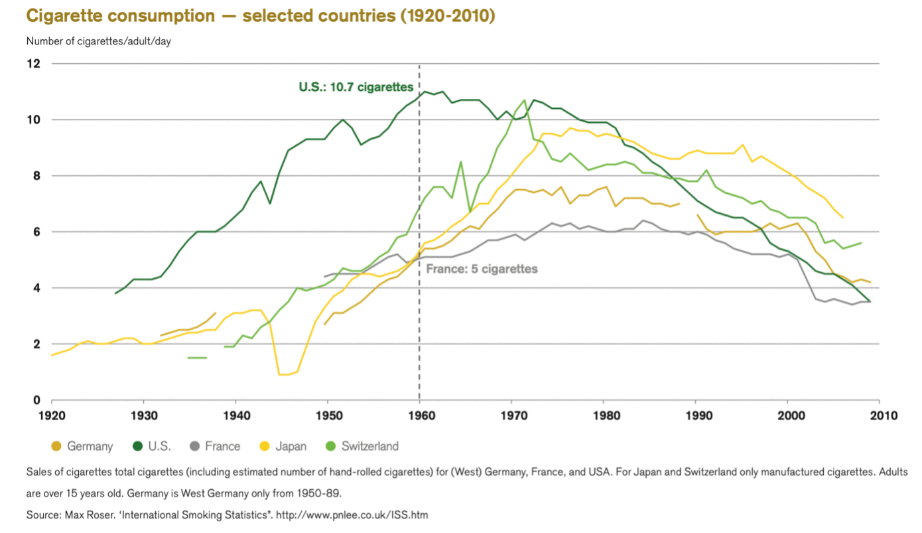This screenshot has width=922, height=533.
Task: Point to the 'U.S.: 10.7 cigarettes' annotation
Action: [x=356, y=87]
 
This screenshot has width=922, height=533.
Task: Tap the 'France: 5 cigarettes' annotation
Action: [x=482, y=269]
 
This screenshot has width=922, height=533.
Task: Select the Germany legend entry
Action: [x=82, y=446]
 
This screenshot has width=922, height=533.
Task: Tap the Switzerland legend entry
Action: [x=362, y=446]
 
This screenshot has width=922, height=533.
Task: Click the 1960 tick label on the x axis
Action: [x=419, y=416]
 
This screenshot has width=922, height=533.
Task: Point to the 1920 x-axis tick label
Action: [x=52, y=416]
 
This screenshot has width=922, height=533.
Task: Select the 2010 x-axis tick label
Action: [x=880, y=416]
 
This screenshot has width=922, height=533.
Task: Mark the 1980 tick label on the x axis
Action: [x=603, y=416]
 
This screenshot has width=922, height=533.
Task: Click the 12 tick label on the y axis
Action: [x=33, y=64]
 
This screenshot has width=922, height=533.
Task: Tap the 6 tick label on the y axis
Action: [x=36, y=232]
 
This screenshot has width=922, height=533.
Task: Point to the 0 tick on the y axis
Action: [x=36, y=400]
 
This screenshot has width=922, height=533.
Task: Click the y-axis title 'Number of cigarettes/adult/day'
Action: [x=99, y=41]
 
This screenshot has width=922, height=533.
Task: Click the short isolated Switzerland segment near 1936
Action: [x=197, y=358]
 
